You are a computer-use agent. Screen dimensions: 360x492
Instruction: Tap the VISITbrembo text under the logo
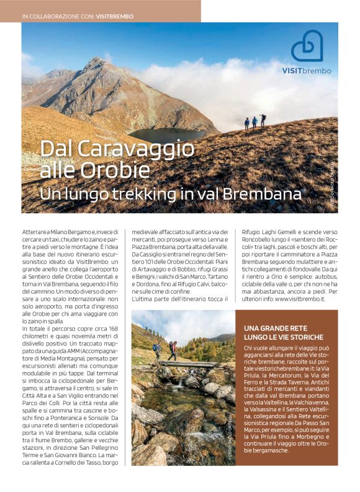[307, 71]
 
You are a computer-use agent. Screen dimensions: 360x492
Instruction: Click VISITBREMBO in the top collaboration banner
[115, 16]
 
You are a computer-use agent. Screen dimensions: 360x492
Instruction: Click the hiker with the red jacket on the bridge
[173, 350]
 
